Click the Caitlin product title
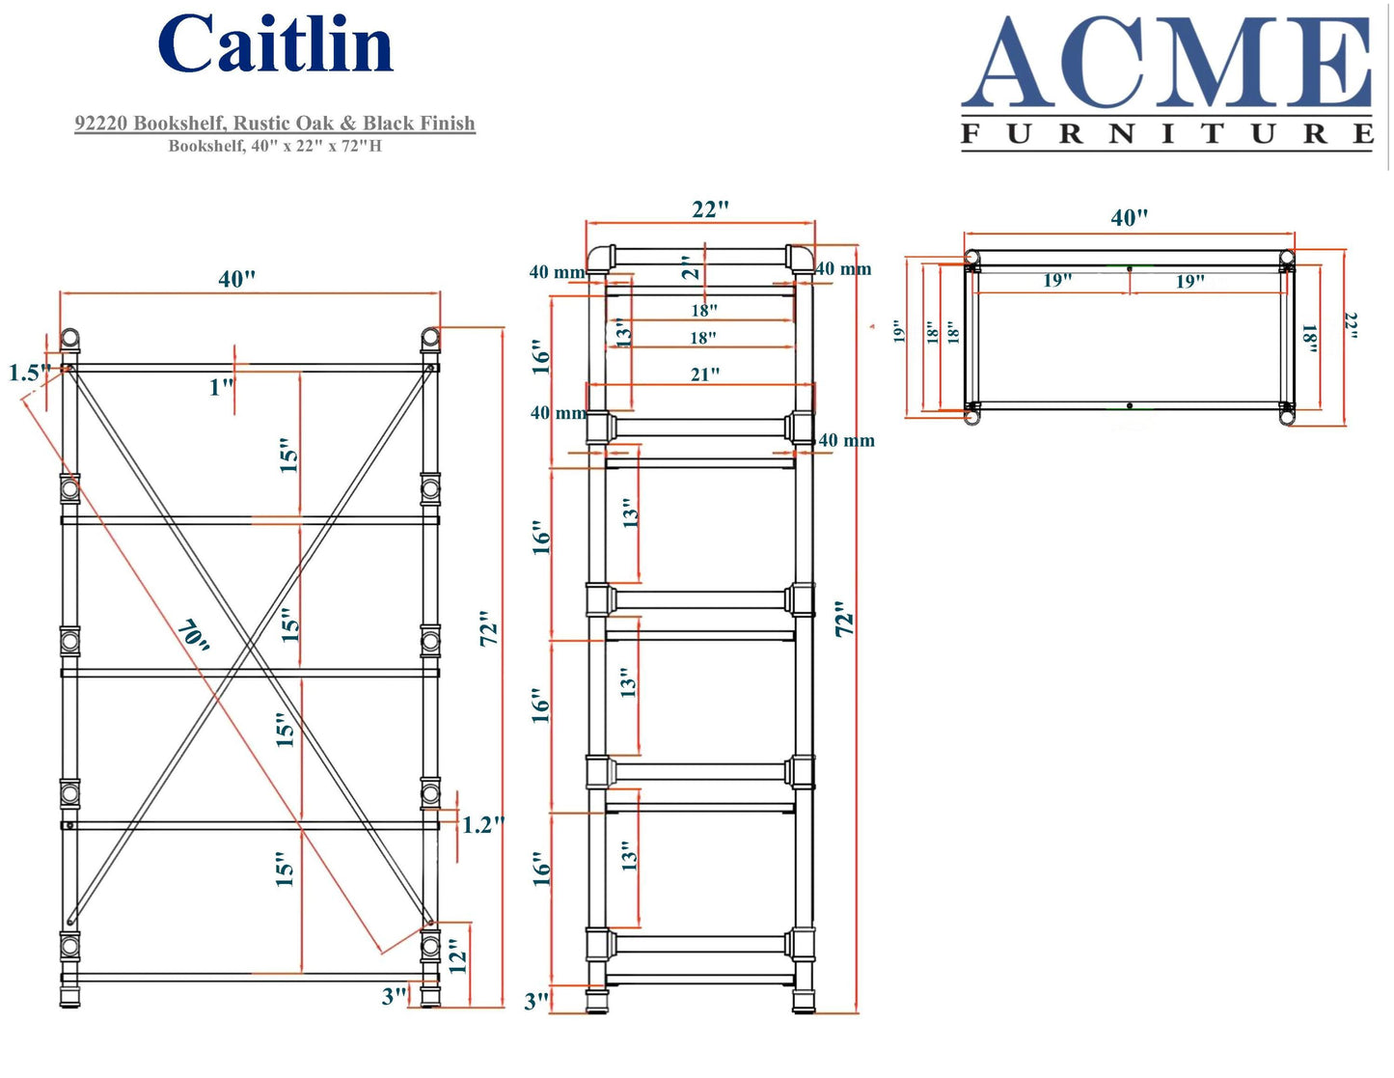pyautogui.click(x=276, y=45)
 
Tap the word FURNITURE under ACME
pyautogui.click(x=1166, y=134)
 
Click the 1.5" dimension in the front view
pyautogui.click(x=29, y=373)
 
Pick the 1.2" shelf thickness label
pyautogui.click(x=482, y=825)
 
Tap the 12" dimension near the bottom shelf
pyautogui.click(x=457, y=956)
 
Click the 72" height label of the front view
pyautogui.click(x=490, y=628)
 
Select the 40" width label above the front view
pyautogui.click(x=237, y=279)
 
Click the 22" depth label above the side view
pyautogui.click(x=710, y=209)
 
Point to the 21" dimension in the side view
pyautogui.click(x=704, y=374)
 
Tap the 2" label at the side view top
pyautogui.click(x=688, y=267)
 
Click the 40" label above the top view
pyautogui.click(x=1129, y=217)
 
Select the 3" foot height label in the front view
pyautogui.click(x=394, y=996)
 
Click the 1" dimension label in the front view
pyautogui.click(x=221, y=387)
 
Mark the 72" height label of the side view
pyautogui.click(x=845, y=619)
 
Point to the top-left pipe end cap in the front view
pyautogui.click(x=70, y=339)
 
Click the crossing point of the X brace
pyautogui.click(x=251, y=644)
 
